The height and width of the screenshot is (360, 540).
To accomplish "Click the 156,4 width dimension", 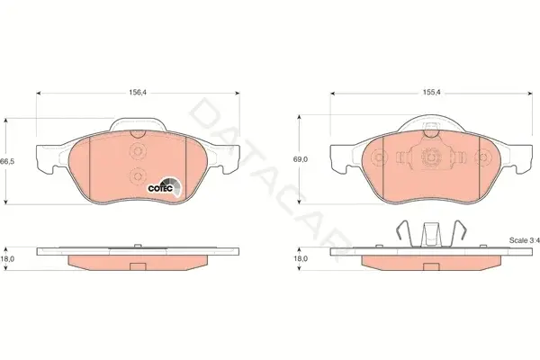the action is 138,93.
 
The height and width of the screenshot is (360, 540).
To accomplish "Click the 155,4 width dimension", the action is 432,93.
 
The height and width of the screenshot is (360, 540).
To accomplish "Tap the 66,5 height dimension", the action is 7,162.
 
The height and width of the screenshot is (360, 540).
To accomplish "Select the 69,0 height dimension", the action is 301,159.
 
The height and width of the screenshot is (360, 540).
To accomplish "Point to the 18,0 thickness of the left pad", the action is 7,258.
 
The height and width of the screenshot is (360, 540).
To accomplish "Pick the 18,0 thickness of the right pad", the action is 301,258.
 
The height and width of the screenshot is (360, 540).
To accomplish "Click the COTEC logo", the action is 165,187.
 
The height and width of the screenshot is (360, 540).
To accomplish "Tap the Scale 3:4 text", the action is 524,240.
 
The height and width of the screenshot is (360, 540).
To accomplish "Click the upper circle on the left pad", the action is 138,151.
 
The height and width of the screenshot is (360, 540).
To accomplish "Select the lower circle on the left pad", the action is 138,176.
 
